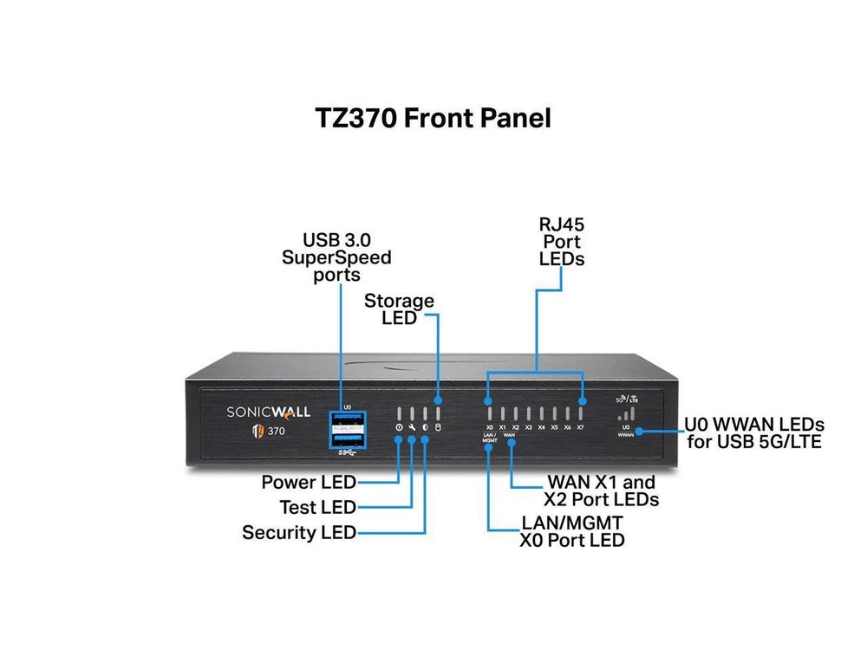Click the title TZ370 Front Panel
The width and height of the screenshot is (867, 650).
433,118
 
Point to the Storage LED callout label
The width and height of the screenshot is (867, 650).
399,309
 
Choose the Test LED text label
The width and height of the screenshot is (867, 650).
317,507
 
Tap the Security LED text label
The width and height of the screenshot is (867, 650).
299,532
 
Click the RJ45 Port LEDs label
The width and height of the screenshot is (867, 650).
561,242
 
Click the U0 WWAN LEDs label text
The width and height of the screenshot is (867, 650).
753,433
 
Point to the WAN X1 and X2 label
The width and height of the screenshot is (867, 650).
601,491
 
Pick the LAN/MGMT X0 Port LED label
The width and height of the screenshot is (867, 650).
572,531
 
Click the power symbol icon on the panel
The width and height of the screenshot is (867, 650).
399,428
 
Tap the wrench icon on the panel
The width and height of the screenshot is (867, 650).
412,428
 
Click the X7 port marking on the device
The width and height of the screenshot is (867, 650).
580,427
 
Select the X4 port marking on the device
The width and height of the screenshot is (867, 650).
541,427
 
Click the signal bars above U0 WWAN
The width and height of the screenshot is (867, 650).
625,414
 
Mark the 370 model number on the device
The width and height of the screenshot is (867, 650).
277,431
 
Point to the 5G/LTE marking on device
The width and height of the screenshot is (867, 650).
625,400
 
